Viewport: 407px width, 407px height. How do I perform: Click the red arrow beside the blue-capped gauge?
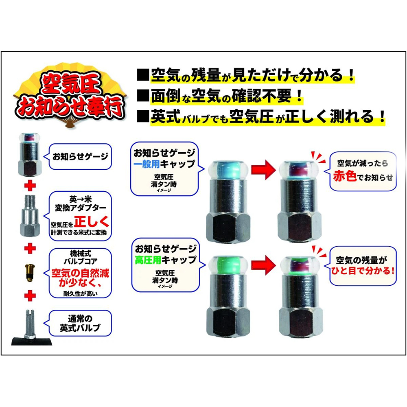point(263,170)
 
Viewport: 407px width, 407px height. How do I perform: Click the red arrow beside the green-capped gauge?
point(263,265)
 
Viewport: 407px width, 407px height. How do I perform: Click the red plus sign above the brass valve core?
point(30,248)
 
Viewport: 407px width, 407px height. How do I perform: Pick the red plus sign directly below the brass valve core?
point(30,295)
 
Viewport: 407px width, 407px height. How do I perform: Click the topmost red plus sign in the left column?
point(30,185)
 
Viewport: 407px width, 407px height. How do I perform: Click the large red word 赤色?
point(345,176)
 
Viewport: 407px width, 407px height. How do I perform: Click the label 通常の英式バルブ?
point(80,323)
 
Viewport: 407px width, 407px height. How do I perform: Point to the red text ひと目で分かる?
point(363,271)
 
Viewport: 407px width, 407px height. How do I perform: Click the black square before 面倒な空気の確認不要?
point(143,96)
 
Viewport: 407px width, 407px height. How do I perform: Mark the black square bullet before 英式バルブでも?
point(143,116)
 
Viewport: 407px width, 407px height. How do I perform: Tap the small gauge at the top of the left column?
point(30,154)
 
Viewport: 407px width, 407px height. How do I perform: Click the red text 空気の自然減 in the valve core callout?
point(80,273)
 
